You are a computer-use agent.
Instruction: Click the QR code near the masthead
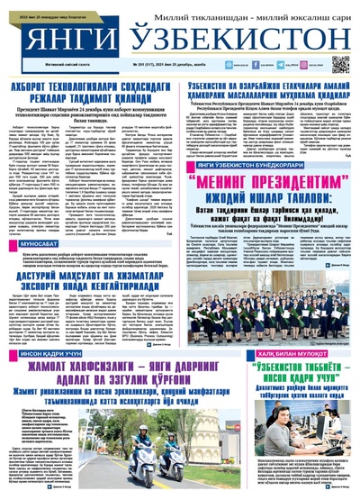[x=339, y=65]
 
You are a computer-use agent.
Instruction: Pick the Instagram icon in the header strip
[x=280, y=65]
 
